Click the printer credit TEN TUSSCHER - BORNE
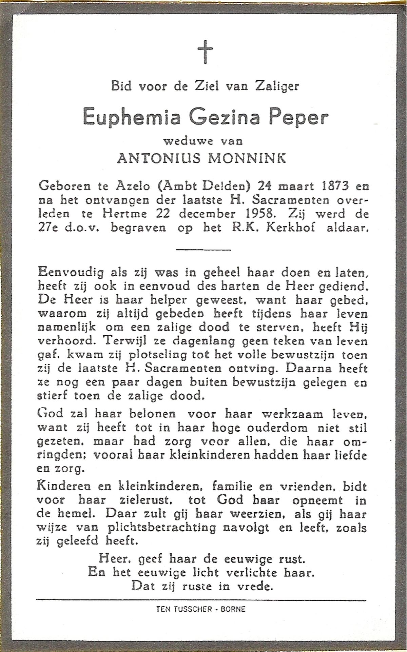click(x=201, y=609)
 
